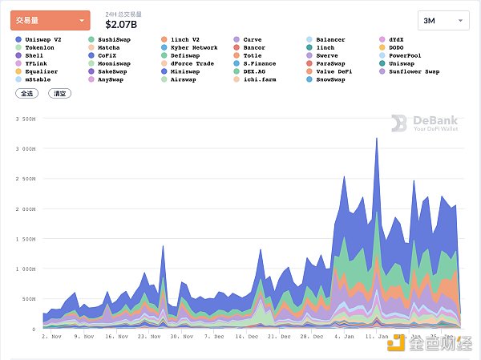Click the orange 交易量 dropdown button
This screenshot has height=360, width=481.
(50, 21)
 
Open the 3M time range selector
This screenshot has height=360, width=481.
(443, 20)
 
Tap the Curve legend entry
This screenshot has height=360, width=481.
(252, 39)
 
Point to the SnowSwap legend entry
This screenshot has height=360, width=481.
(331, 79)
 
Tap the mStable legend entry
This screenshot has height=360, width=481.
(35, 79)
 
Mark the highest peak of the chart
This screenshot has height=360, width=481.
(377, 138)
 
